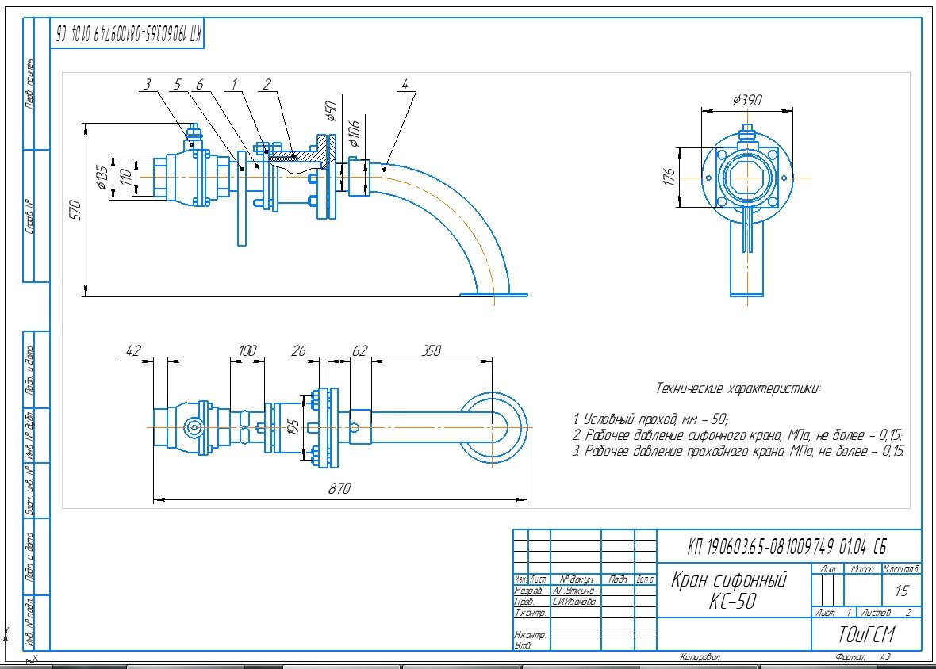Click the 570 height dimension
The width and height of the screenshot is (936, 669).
[77, 209]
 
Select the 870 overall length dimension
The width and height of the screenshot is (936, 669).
[339, 489]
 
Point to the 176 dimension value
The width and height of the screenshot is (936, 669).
[669, 174]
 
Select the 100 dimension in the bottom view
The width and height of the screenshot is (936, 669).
[247, 350]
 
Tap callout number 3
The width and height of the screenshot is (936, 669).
[148, 84]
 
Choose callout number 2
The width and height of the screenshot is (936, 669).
[267, 84]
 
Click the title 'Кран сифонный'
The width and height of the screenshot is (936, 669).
[729, 579]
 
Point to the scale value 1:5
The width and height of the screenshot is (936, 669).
[901, 591]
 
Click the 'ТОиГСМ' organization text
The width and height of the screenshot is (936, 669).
[865, 635]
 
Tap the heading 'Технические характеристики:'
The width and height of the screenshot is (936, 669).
[738, 388]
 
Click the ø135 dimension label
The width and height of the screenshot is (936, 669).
[101, 175]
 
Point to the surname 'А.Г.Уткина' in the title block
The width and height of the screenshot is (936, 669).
[575, 591]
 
